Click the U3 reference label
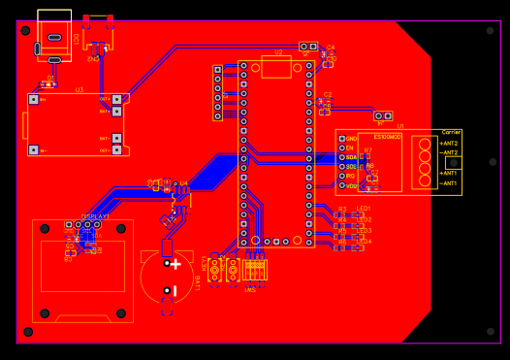tap(80, 89)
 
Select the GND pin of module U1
tap(341, 139)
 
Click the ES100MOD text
tap(388, 137)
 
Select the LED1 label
tap(364, 209)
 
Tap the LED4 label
tap(364, 242)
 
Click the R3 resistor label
tap(341, 209)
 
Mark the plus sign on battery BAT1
tap(175, 264)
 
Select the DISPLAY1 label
tap(95, 216)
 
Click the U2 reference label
tap(278, 52)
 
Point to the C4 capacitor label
tap(330, 47)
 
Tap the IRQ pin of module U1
tap(341, 176)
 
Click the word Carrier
tap(451, 132)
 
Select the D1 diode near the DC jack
tap(50, 83)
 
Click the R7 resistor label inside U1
tap(368, 150)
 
